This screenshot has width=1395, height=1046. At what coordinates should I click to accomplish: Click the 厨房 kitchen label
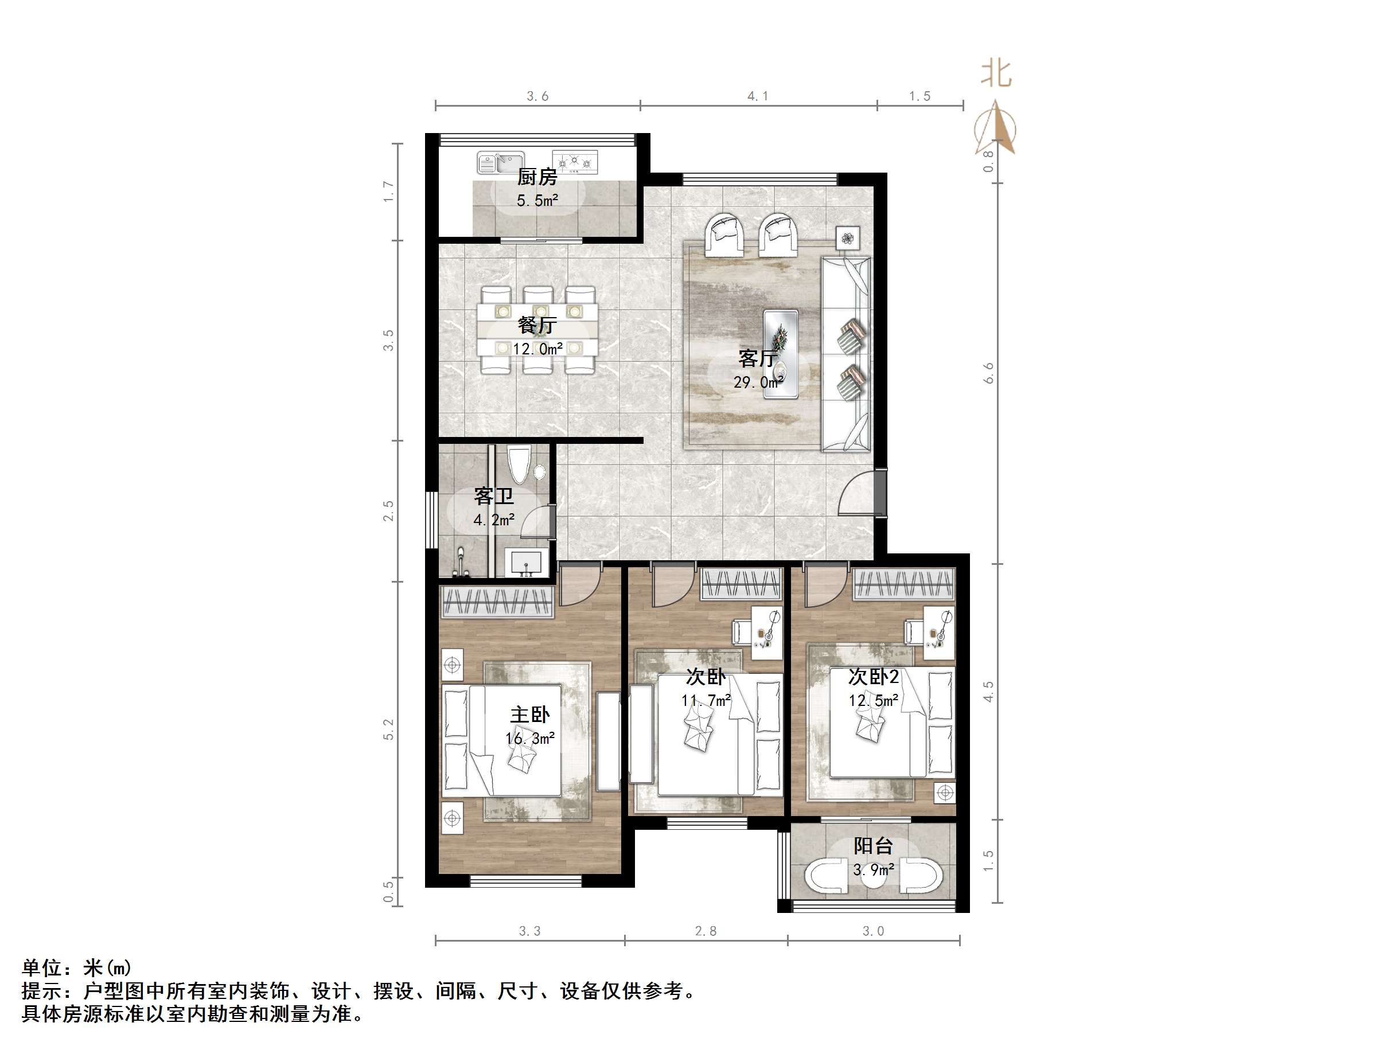click(537, 177)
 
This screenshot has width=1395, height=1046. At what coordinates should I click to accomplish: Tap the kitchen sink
click(501, 163)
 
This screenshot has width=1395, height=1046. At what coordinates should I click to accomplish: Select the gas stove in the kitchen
click(575, 161)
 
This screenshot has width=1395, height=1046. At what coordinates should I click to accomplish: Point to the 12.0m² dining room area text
click(537, 349)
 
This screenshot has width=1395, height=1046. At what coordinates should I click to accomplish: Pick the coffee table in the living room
click(781, 354)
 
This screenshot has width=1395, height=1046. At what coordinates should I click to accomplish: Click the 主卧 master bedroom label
click(530, 715)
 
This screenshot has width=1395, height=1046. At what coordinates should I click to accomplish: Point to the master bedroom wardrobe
click(497, 602)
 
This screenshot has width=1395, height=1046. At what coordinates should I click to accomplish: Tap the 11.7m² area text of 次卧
click(706, 700)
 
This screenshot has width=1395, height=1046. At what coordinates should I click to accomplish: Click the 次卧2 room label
click(874, 677)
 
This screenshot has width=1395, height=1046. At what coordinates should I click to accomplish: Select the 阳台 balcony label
click(874, 845)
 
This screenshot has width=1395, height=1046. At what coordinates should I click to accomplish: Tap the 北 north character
click(996, 74)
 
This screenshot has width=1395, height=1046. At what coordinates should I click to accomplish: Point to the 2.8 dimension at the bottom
click(706, 931)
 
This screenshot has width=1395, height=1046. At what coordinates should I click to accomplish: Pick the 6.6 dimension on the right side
click(988, 373)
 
